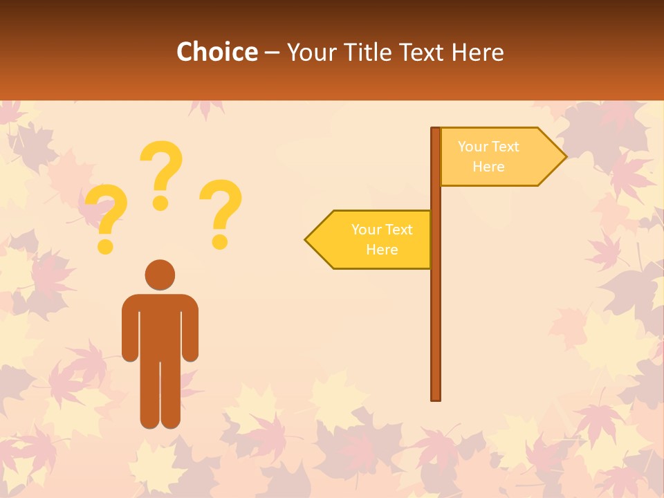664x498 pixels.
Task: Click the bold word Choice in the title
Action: pyautogui.click(x=216, y=52)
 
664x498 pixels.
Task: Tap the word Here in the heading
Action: pyautogui.click(x=478, y=52)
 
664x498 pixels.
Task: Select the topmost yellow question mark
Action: pyautogui.click(x=162, y=173)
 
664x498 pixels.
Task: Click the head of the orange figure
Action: pyautogui.click(x=160, y=275)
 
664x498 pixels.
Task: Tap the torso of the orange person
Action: pyautogui.click(x=160, y=325)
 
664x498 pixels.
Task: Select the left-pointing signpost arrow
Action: pyautogui.click(x=371, y=239)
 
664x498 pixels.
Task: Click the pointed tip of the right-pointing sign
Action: pyautogui.click(x=564, y=156)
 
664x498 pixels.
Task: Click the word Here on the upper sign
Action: pyautogui.click(x=488, y=167)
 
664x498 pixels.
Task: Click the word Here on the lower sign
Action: pyautogui.click(x=382, y=250)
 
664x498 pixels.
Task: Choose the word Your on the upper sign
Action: pyautogui.click(x=472, y=147)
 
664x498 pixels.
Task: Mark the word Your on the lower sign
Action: pyautogui.click(x=366, y=230)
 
